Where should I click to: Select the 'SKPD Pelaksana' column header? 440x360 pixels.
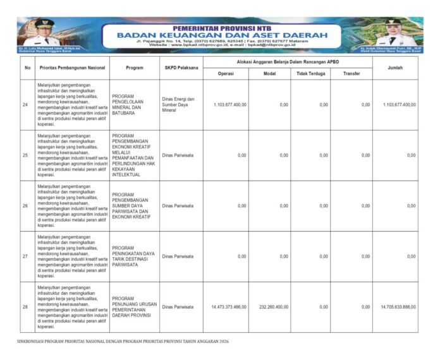click(181, 68)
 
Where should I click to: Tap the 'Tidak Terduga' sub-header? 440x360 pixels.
click(309, 73)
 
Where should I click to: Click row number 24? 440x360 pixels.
click(25, 104)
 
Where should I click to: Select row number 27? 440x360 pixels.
click(25, 256)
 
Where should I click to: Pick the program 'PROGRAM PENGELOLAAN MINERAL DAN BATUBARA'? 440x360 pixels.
click(131, 104)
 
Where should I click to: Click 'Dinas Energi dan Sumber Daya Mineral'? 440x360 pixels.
click(178, 104)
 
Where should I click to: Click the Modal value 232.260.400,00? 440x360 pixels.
click(272, 307)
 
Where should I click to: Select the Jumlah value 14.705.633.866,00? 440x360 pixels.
click(398, 307)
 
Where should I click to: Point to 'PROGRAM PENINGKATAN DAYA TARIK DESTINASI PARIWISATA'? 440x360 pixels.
click(133, 256)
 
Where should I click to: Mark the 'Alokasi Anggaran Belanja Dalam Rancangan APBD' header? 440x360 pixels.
click(287, 61)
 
